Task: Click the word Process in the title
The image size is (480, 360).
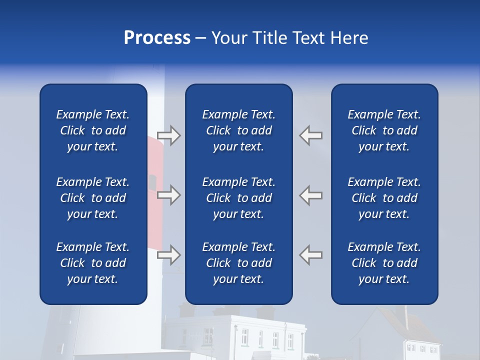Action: [x=157, y=38]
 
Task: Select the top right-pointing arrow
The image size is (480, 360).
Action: [x=169, y=135]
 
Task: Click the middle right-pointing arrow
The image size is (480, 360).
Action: [x=169, y=195]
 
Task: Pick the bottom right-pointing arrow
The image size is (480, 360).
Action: [x=169, y=255]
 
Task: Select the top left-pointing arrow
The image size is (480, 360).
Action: [x=311, y=135]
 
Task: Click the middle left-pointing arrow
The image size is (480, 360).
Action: [x=311, y=194]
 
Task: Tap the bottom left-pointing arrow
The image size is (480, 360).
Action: [x=311, y=254]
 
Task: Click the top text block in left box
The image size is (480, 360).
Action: [x=93, y=130]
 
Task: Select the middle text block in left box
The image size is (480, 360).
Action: [x=93, y=198]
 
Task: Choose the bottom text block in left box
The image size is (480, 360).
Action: [x=93, y=263]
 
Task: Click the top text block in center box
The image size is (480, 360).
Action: [x=238, y=130]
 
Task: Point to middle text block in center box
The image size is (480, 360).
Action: [x=238, y=198]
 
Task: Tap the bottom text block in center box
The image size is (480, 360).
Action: [x=238, y=263]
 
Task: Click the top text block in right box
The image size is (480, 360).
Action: [x=384, y=130]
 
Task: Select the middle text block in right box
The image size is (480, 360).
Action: [x=384, y=198]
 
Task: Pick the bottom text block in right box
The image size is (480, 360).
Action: [x=384, y=263]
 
